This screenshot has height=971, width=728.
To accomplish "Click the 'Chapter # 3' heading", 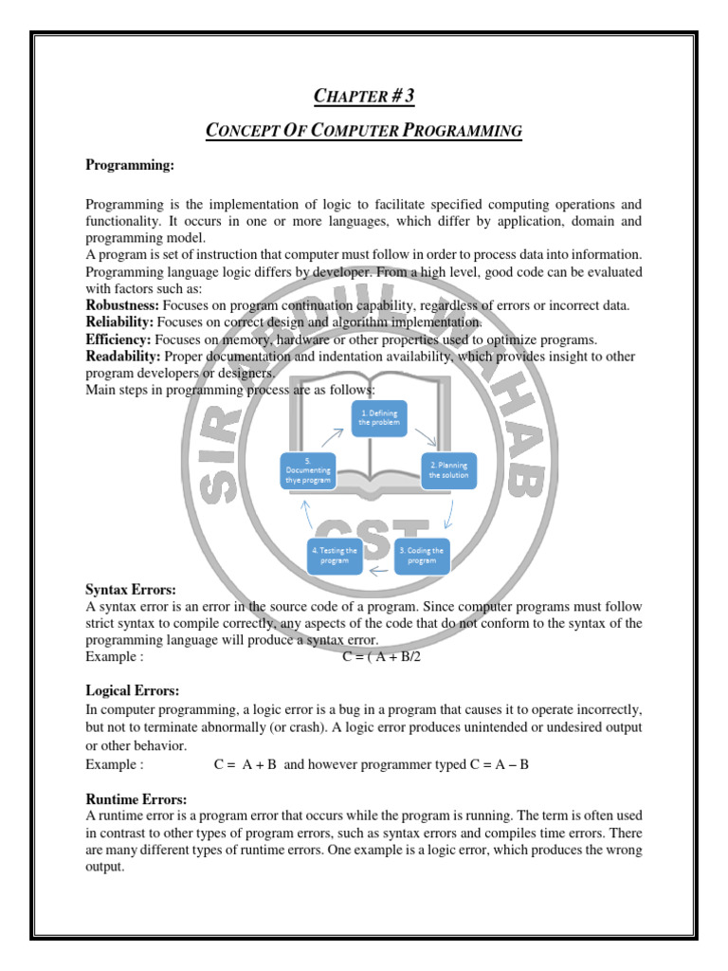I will [x=364, y=95].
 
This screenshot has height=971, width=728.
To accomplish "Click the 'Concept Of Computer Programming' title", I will [x=364, y=130].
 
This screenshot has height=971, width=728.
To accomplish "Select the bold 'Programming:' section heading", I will [x=130, y=165].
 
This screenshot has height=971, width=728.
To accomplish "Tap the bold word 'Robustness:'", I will [x=123, y=305].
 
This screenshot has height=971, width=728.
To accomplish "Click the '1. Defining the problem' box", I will [x=379, y=416].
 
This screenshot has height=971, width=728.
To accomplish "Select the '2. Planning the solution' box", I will [x=448, y=469].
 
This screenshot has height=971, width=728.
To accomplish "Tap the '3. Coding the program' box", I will [x=422, y=555].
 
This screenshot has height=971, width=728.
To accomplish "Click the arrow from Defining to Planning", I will [x=427, y=437].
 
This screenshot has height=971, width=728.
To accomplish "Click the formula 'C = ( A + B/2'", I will [x=380, y=657].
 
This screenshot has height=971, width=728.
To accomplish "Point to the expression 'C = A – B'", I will [x=498, y=763].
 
